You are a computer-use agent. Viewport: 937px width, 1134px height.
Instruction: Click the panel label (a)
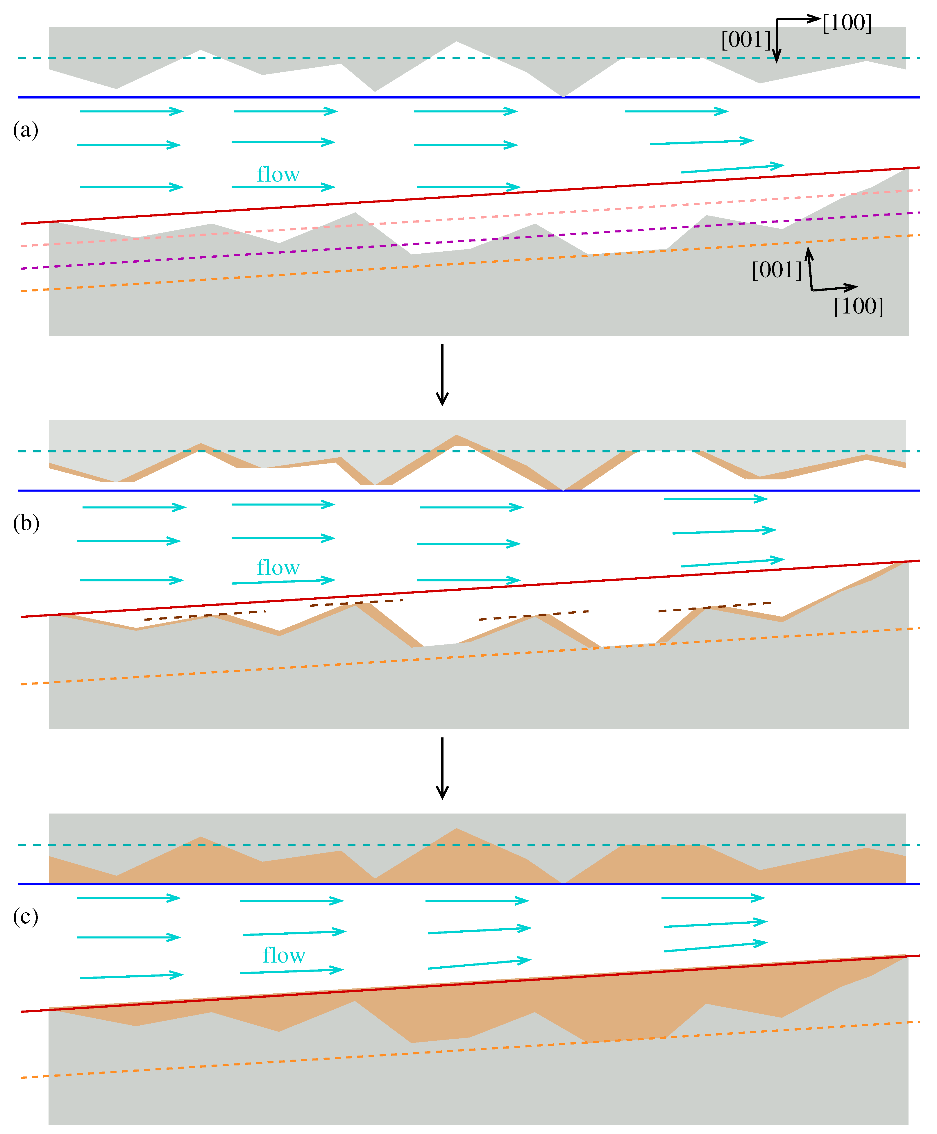[25, 130]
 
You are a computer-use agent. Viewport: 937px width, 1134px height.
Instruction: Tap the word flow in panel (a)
[278, 174]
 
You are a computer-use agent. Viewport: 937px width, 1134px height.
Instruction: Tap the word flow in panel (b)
[278, 567]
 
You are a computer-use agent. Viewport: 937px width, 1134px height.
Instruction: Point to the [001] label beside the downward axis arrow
[746, 40]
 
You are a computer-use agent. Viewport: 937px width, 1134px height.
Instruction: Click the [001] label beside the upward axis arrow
[777, 270]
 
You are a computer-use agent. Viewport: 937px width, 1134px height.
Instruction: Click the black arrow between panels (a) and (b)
[442, 375]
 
